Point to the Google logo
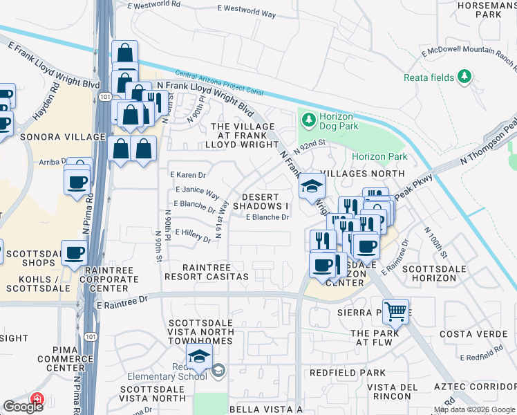click(x=23, y=407)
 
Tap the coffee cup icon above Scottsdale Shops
click(x=75, y=252)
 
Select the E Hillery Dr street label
click(x=193, y=235)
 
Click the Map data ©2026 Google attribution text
click(x=474, y=409)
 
